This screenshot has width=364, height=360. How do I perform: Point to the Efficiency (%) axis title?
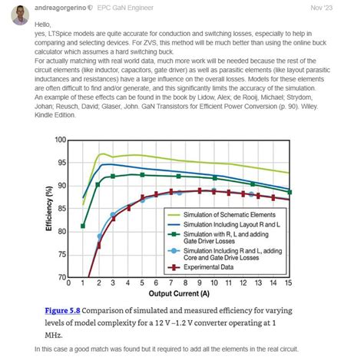[50, 208]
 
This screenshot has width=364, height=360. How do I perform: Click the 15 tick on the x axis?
[288, 284]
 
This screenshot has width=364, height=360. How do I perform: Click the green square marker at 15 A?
[289, 192]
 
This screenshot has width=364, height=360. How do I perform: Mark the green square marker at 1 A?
[83, 226]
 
